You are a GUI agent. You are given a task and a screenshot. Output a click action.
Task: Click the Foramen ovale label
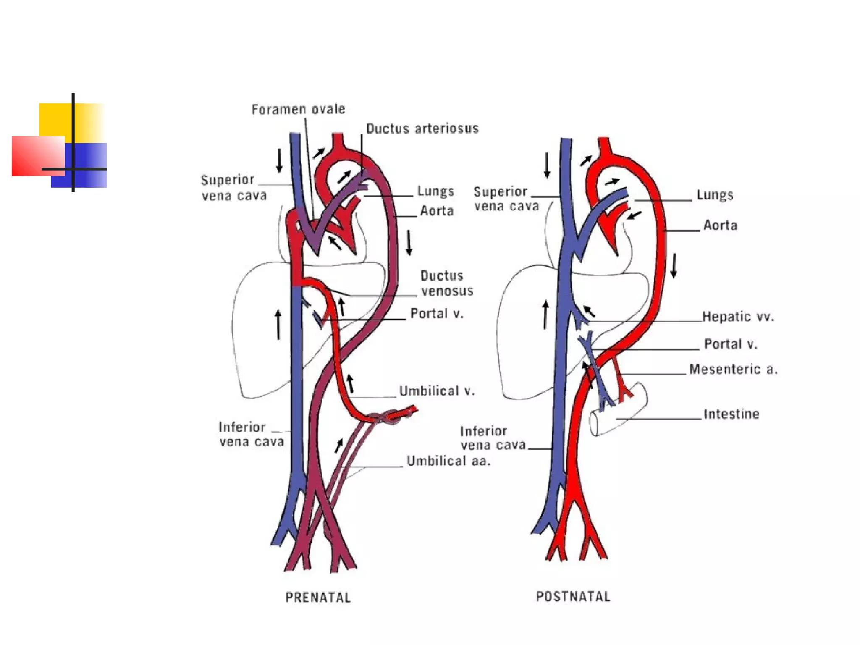click(x=298, y=109)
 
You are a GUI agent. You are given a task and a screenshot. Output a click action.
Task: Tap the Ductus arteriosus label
click(x=422, y=128)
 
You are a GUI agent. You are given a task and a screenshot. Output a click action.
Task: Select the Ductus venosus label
click(x=446, y=283)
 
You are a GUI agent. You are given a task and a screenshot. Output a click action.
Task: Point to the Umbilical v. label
click(x=437, y=391)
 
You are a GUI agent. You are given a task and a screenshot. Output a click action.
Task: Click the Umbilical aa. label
click(x=448, y=461)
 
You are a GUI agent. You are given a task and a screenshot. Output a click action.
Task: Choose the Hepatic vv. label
click(x=738, y=317)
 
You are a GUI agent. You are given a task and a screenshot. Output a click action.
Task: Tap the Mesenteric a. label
click(x=733, y=369)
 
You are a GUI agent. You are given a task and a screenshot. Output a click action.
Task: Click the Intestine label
click(x=731, y=414)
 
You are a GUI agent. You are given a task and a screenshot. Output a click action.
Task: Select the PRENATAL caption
click(x=318, y=597)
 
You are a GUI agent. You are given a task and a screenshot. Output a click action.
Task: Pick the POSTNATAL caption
click(x=573, y=596)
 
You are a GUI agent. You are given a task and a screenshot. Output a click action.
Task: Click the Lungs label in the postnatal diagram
click(x=715, y=195)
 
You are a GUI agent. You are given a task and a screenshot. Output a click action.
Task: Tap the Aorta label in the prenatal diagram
click(x=437, y=210)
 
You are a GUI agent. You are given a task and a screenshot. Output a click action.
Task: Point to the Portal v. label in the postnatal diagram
click(x=731, y=344)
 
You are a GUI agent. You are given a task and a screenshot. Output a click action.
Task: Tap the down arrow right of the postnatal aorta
click(x=674, y=265)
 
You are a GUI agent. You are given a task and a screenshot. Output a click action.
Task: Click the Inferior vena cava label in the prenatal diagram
click(x=251, y=434)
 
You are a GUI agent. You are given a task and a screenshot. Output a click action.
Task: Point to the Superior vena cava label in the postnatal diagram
click(x=506, y=199)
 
